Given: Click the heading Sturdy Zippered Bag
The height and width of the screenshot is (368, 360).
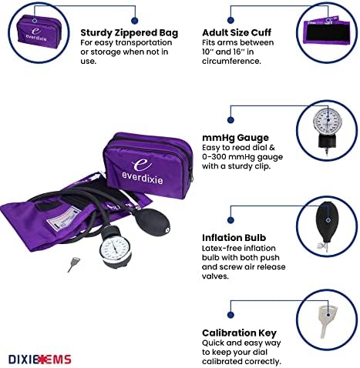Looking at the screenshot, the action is coord(129,33).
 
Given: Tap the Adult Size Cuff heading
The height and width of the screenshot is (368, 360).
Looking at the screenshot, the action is coord(237,32).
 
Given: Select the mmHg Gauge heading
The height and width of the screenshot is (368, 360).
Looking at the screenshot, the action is coord(235,138).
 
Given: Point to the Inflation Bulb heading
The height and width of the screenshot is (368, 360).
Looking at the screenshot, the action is coord(234,238).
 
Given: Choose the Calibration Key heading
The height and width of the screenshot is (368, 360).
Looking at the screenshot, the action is coord(239,333).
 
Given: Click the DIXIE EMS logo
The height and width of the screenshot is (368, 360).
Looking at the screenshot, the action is coord(40,359).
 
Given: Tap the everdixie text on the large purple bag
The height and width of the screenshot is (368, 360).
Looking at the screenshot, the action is coord(143,177).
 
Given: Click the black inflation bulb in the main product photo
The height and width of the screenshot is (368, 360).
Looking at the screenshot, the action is coord(152,222).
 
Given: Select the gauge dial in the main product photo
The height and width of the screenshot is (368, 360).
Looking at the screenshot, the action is coord(116,249).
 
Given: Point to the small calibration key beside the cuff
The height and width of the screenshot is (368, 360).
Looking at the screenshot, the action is coord(73,264).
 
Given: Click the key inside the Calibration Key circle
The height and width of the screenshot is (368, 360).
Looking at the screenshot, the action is coord(326,320).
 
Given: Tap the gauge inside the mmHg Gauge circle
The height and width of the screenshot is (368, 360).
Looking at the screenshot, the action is coord(326,131).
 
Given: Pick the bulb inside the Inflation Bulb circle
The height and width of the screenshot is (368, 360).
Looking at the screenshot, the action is coord(326,226).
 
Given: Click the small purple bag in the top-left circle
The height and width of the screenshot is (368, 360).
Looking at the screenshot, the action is coord(39,32).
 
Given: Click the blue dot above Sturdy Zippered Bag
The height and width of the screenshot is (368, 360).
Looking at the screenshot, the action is coord(134,21).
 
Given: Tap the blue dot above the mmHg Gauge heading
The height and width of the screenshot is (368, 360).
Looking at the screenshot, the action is coord(230,120).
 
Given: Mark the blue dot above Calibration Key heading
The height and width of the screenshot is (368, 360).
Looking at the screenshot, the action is coord(230,315).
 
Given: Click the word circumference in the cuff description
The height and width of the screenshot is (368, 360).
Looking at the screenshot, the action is coord(231,62).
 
